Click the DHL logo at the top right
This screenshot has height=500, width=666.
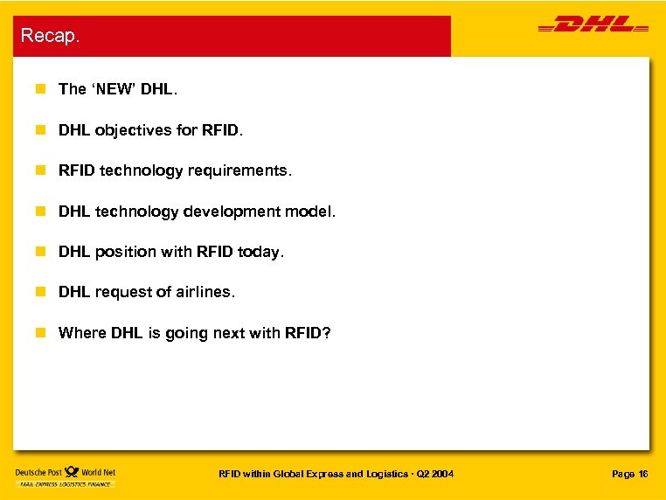tap(593, 26)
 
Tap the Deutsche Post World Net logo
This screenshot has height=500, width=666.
tap(65, 476)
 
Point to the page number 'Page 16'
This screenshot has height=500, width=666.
tap(629, 474)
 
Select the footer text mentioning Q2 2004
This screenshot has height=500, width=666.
tap(336, 474)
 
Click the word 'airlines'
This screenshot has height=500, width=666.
tap(206, 292)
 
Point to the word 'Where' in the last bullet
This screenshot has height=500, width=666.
tap(82, 333)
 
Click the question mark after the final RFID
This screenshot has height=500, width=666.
tap(327, 333)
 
